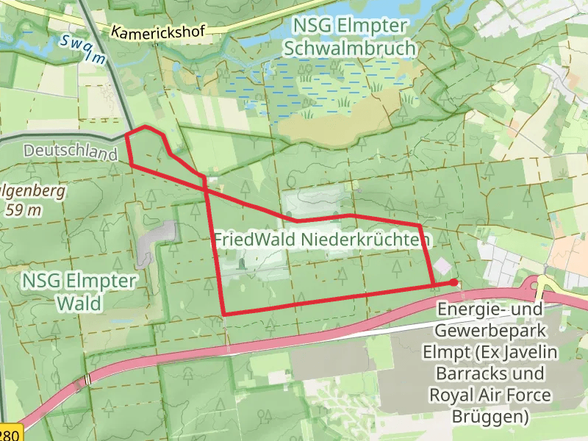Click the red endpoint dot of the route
click(454, 282)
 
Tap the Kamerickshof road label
click(158, 32)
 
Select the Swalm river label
click(81, 49)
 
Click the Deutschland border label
click(71, 152)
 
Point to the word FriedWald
click(249, 240)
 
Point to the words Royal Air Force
click(490, 395)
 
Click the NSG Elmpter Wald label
click(79, 291)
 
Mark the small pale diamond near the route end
click(442, 265)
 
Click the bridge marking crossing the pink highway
click(88, 379)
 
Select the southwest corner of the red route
click(223, 315)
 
